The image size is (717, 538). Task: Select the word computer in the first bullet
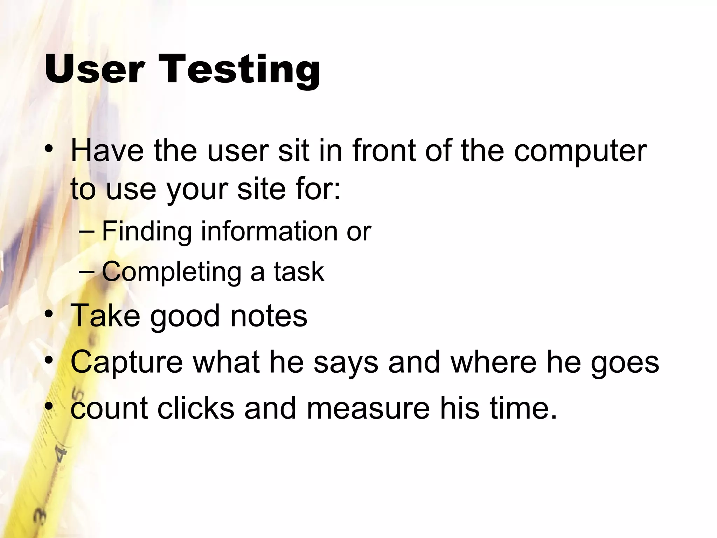[x=580, y=151]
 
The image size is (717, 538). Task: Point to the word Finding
[x=147, y=232]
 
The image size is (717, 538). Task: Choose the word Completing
[x=172, y=272]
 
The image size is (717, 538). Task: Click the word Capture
[x=127, y=363]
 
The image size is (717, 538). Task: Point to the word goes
[x=625, y=363]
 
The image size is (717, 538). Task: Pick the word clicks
[x=196, y=408]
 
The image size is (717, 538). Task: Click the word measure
[x=368, y=408]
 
